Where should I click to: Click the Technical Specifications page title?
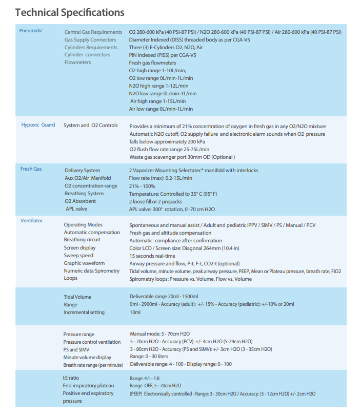(70, 12)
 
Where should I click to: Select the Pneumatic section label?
(31, 31)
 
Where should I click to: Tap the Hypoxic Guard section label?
(38, 125)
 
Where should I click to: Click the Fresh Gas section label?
(31, 169)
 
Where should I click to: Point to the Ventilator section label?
(31, 220)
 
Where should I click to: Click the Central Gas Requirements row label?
(93, 32)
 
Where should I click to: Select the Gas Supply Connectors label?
(90, 40)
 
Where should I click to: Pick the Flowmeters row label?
(78, 63)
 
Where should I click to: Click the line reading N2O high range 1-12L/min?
(158, 86)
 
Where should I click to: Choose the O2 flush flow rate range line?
(169, 149)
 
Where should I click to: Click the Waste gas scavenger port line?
(182, 157)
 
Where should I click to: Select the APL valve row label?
(75, 209)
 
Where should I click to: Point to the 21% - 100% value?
(142, 186)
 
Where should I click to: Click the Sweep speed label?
(78, 255)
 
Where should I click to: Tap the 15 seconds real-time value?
(152, 256)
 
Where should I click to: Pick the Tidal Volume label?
(77, 297)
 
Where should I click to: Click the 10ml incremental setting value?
(135, 312)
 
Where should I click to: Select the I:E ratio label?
(71, 378)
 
